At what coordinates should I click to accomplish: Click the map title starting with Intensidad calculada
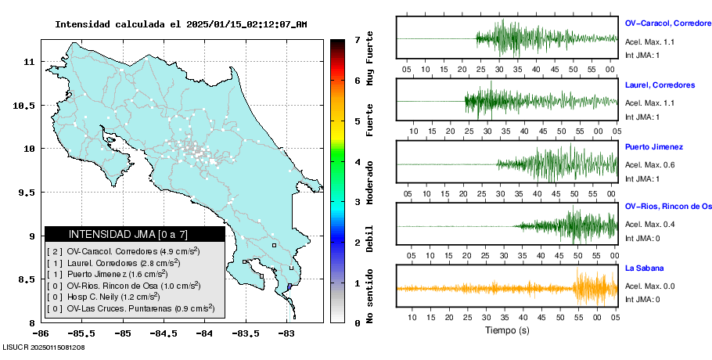coord(181,24)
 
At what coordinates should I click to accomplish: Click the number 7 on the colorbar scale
coord(357,39)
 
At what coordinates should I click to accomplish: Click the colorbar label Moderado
coord(370,181)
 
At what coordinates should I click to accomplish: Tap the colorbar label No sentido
coord(370,298)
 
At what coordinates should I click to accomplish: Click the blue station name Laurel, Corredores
coord(660,85)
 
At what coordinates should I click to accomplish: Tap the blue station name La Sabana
coord(645,268)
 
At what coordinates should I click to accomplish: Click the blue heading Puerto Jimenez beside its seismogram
coord(654,146)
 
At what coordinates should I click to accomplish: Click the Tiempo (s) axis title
coord(506,330)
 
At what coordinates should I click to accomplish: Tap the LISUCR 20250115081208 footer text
coord(44,347)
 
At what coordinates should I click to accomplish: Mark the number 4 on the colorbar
coord(357,162)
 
